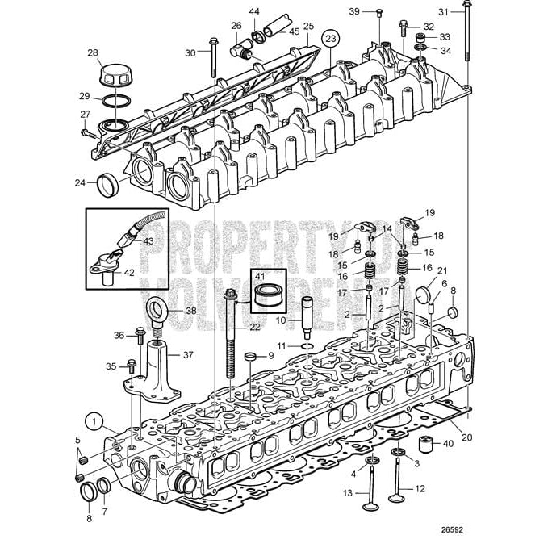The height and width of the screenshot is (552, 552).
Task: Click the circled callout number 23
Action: [x=329, y=38]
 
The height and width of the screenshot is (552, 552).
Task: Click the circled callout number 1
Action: [x=94, y=420]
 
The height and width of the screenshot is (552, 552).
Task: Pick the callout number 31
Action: [x=442, y=11]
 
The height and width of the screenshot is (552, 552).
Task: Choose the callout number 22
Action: [x=255, y=327]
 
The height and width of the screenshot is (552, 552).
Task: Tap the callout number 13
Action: [x=348, y=492]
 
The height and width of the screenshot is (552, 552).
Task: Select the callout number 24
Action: [x=80, y=183]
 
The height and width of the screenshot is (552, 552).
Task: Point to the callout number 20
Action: [x=467, y=438]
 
